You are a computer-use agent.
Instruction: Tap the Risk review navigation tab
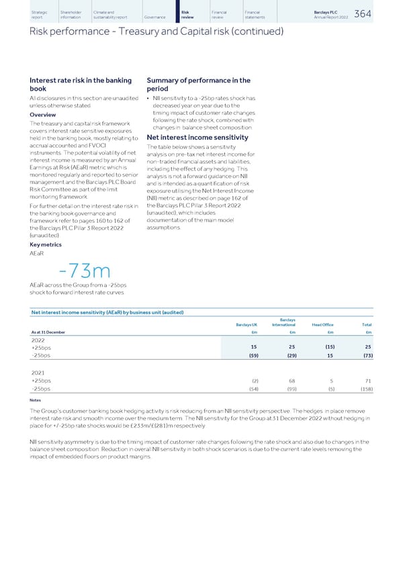187,14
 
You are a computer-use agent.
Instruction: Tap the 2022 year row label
38,340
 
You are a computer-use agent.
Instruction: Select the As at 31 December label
48,332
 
